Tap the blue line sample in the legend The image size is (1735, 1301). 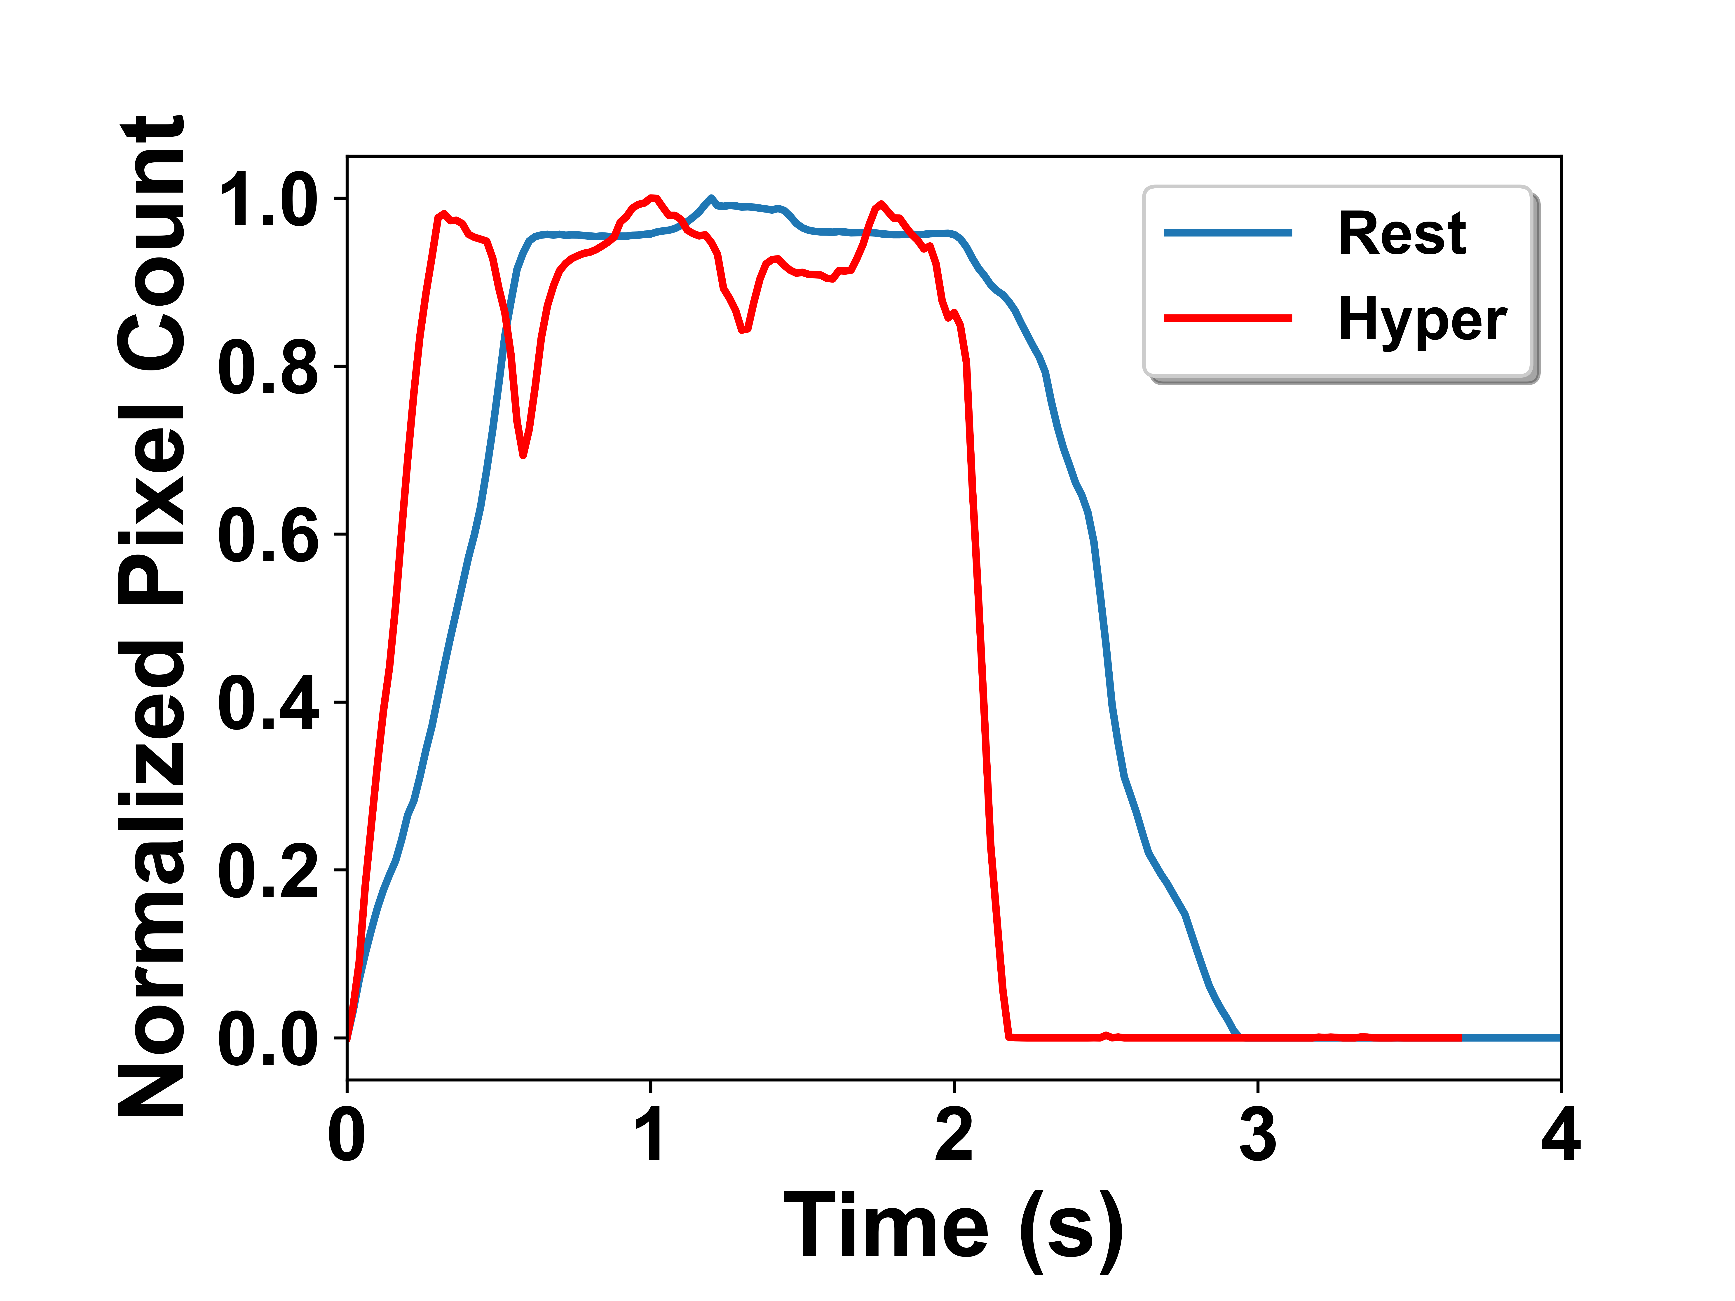(x=1228, y=233)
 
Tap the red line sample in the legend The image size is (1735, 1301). (x=1228, y=318)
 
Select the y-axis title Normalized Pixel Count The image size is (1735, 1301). (x=151, y=615)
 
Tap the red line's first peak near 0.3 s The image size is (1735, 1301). (x=444, y=213)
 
